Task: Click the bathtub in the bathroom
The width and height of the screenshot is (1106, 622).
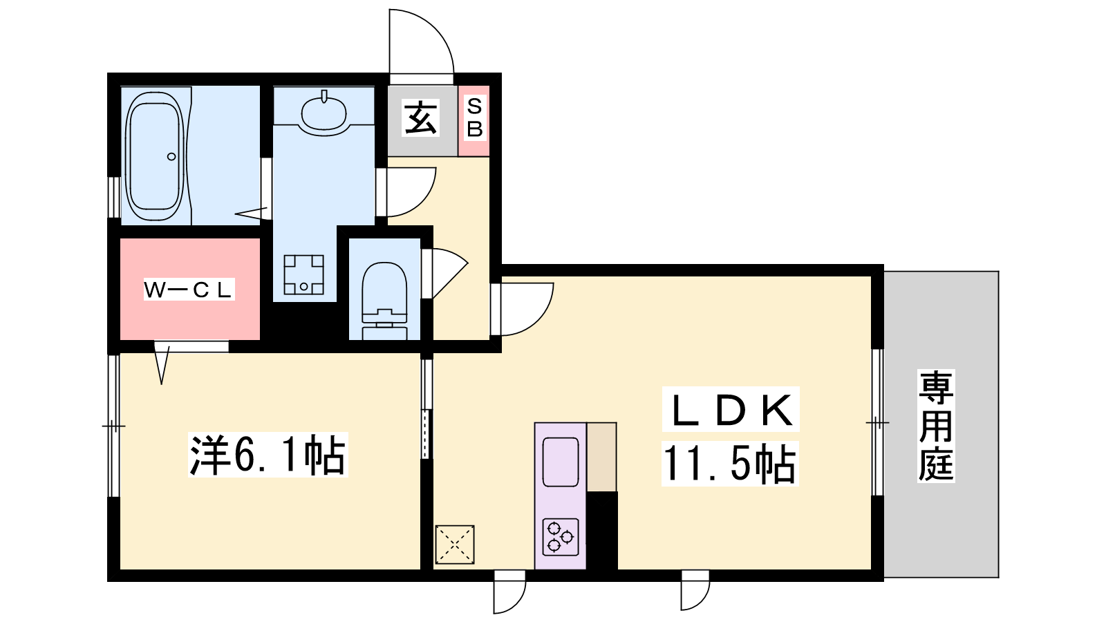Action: pyautogui.click(x=156, y=156)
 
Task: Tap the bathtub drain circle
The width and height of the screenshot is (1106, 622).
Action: pyautogui.click(x=171, y=156)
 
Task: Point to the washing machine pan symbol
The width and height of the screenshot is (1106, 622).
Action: pyautogui.click(x=303, y=274)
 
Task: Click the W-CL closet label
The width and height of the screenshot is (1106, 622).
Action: pyautogui.click(x=189, y=290)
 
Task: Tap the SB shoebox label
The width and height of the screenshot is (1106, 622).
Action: pyautogui.click(x=474, y=117)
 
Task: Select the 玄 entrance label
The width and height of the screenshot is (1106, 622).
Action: pyautogui.click(x=421, y=117)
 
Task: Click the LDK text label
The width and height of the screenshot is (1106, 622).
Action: pyautogui.click(x=731, y=410)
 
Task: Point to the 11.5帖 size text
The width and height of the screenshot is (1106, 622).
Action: pyautogui.click(x=729, y=463)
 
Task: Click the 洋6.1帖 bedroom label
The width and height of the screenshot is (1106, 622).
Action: pyautogui.click(x=268, y=455)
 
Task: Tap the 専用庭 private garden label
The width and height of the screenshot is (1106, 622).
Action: pyautogui.click(x=936, y=426)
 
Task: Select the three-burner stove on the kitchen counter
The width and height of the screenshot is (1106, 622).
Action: pyautogui.click(x=561, y=536)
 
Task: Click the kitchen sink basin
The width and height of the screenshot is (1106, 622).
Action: pyautogui.click(x=561, y=462)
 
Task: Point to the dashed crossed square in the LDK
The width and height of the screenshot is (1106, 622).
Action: pyautogui.click(x=455, y=545)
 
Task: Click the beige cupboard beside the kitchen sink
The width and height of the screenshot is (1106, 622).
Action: pyautogui.click(x=601, y=457)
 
